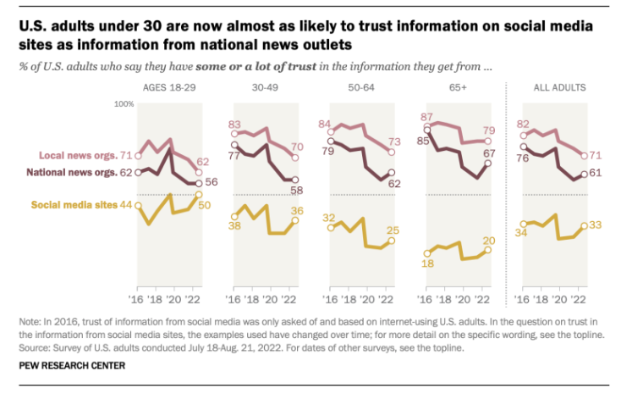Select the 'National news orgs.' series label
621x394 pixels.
click(72, 173)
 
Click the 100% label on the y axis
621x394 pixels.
click(125, 104)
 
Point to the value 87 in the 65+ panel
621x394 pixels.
click(427, 117)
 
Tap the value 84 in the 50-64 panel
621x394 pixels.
click(324, 125)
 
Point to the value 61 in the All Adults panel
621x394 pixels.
click(595, 172)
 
